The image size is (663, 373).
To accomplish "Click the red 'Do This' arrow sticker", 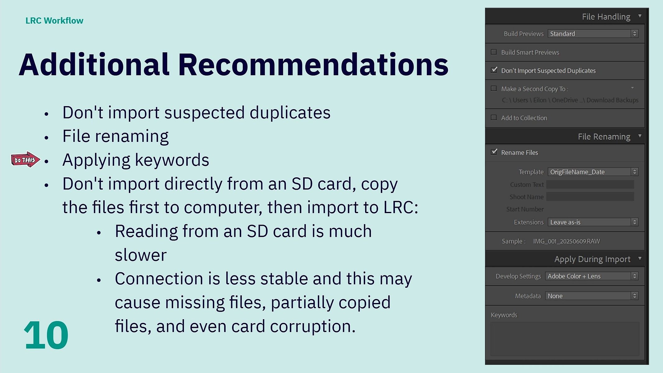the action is pos(25,160).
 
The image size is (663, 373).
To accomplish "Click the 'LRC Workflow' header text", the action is pos(54,21).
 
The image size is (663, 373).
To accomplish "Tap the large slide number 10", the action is pos(46,335).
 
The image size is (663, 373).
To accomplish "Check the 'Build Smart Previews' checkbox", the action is pos(494,52).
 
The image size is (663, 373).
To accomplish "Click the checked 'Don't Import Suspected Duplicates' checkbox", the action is pos(494,70).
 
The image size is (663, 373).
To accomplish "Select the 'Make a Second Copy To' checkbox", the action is pos(494,88).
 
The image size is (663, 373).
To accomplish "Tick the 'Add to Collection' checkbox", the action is pos(494,118).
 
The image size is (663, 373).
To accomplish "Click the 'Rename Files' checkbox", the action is pos(494,152).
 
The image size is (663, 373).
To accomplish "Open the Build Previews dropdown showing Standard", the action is pos(593,34).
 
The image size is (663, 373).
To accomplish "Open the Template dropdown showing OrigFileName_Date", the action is pos(593,172).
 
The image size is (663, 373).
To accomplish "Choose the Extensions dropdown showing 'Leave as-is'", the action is pos(593,222).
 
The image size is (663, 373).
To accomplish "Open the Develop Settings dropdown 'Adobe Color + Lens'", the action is pos(592,276).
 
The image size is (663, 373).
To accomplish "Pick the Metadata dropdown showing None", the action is pos(592,296).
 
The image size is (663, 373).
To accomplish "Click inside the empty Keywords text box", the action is pos(565,339).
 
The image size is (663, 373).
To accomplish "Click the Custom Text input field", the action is pos(590,184).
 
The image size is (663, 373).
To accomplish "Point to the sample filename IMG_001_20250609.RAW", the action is pos(566,241).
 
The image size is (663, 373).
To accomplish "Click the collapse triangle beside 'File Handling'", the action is pos(640,16).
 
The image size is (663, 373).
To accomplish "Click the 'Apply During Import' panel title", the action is pos(592,259).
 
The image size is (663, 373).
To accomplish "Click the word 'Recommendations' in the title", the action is pos(313,65).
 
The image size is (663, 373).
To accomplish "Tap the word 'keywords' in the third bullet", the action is pos(172,161).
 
